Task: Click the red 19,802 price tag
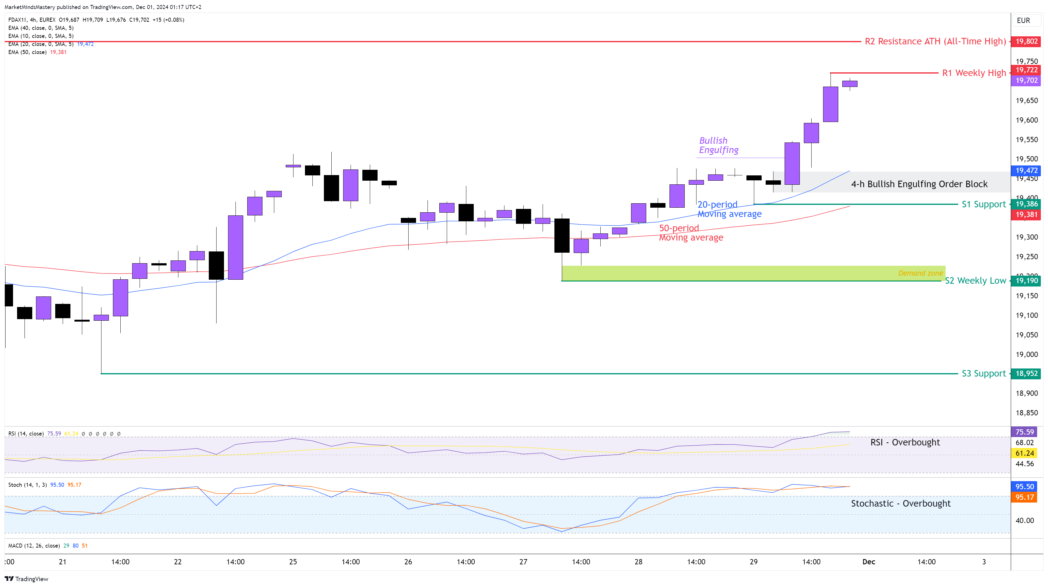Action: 1026,41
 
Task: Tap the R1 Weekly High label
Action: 974,73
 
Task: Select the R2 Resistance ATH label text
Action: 935,41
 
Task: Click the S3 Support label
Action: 983,373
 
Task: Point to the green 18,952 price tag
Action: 1026,373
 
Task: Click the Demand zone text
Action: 920,273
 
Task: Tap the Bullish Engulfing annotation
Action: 719,145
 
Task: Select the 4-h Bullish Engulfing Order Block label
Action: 919,184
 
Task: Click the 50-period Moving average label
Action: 691,233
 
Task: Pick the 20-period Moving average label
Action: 729,209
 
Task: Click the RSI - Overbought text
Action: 905,442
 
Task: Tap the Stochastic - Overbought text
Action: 900,503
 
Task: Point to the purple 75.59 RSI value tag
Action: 1024,432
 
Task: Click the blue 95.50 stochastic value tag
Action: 1024,486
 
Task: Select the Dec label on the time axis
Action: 869,562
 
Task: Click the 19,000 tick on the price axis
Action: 1026,354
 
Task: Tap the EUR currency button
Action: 1023,20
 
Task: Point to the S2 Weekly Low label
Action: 975,281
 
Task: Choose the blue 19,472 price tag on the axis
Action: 1026,170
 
